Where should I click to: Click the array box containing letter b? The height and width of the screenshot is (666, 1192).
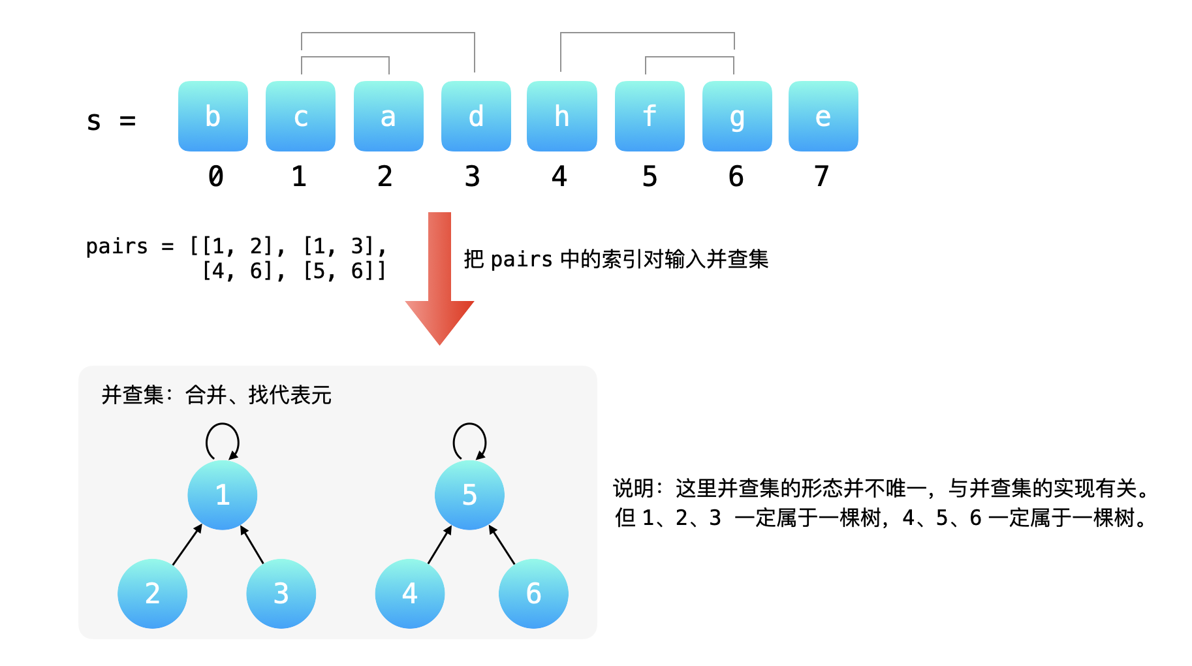coord(213,116)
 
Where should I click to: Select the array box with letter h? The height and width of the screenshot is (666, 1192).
coord(561,116)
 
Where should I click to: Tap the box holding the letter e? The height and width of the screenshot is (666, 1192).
coord(823,116)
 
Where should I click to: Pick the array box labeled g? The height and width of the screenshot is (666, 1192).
coord(737,116)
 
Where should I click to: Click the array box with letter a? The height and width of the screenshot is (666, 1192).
coord(388,116)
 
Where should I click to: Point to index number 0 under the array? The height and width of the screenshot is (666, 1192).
coord(215,176)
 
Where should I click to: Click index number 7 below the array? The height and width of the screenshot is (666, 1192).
coord(821,176)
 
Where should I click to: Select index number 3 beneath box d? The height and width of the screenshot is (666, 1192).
coord(473,176)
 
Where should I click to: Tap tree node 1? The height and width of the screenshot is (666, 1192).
coord(222,495)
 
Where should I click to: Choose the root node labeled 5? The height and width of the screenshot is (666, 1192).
coord(469,495)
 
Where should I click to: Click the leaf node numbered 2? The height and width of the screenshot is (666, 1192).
coord(152,594)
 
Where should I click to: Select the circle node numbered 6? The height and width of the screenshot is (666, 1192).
coord(533,594)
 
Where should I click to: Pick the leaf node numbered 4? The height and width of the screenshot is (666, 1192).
coord(410,594)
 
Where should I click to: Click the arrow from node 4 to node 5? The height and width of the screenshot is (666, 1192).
coord(440,545)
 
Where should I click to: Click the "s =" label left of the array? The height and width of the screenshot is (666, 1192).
coord(111,121)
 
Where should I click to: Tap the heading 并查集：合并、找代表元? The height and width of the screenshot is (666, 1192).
coord(216,395)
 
